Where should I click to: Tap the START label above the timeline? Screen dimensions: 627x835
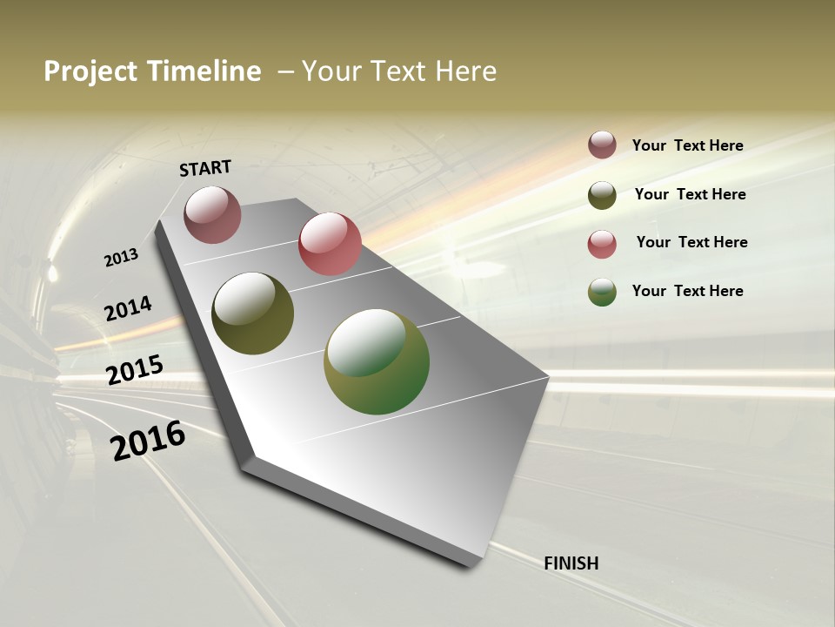(x=205, y=168)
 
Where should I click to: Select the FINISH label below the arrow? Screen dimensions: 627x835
(x=571, y=563)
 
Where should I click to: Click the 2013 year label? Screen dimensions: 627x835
(x=121, y=258)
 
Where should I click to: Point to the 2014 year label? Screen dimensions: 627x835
(x=128, y=308)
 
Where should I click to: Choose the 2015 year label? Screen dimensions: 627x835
(x=135, y=370)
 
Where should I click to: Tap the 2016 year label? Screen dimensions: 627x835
(x=148, y=440)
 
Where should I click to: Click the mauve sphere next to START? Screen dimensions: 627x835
(x=212, y=214)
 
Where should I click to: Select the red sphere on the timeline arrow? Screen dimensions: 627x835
(x=330, y=244)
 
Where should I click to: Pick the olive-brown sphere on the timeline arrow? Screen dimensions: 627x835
(x=252, y=313)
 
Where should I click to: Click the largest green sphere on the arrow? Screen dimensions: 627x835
(x=377, y=361)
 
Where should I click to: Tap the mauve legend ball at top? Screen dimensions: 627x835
(x=602, y=145)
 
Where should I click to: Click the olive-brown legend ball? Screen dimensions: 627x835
(x=602, y=195)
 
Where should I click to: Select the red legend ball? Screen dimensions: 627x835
(x=602, y=244)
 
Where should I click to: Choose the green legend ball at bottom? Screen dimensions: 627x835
(x=602, y=292)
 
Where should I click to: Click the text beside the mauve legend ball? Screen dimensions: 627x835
(x=687, y=145)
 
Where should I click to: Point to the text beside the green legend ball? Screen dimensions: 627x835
(x=687, y=291)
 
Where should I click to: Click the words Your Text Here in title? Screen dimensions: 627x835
(x=399, y=71)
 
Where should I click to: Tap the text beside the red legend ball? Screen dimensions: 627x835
(x=691, y=242)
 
